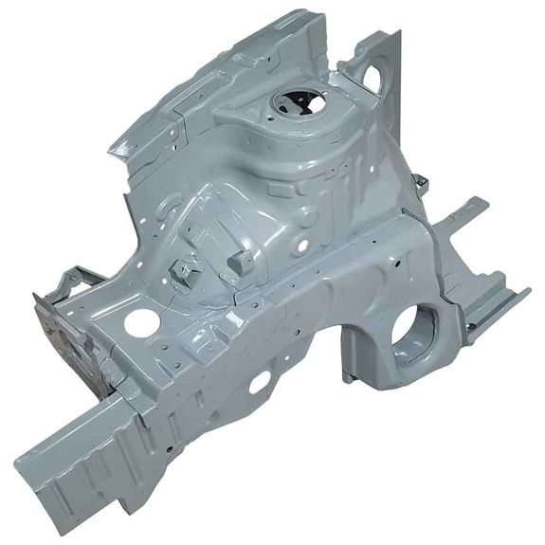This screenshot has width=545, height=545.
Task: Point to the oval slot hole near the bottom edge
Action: click(258, 382)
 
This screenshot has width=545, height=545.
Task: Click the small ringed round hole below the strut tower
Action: click(301, 245)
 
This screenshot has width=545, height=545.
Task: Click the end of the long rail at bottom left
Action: click(38, 474)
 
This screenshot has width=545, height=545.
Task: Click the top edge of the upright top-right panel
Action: click(389, 35)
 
